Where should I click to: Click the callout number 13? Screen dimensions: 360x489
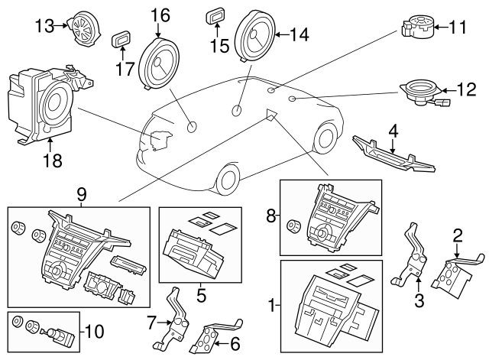44,26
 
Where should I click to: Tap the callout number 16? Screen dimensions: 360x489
159,14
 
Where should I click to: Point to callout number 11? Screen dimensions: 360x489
457,28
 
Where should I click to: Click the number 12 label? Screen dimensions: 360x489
466,89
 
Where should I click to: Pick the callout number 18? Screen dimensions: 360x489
52,161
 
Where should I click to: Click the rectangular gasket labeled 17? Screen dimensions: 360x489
121,41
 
